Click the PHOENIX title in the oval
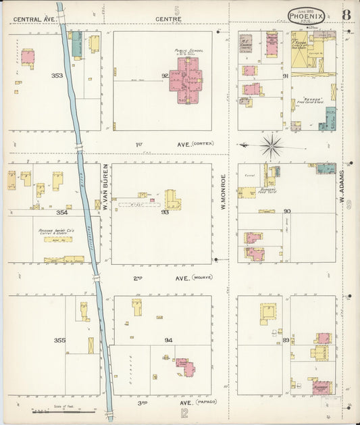308,15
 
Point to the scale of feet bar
64,409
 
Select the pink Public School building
190,78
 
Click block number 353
57,76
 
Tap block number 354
62,212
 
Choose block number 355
60,340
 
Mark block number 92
164,76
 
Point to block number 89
286,340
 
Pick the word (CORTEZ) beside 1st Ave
202,144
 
